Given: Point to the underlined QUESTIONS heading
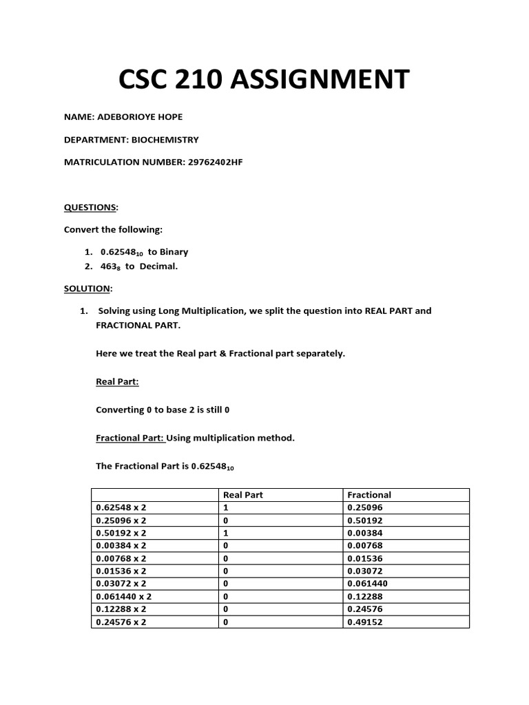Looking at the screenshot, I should coord(90,207).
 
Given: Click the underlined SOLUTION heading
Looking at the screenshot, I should coord(87,288).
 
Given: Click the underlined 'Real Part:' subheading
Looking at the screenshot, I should coord(117,381).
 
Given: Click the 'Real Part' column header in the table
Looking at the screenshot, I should coord(243,494).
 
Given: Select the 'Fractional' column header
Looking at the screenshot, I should coord(369,494).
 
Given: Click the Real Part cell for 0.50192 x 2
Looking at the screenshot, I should coord(226,533).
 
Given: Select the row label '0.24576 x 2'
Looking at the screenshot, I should coord(121,622).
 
